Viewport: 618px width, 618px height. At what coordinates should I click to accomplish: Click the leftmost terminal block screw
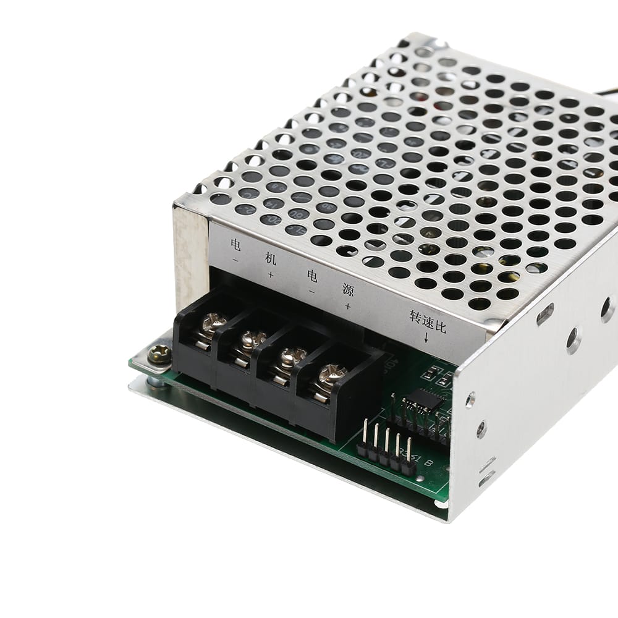click(211, 323)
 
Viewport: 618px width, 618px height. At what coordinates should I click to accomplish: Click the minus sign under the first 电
click(235, 260)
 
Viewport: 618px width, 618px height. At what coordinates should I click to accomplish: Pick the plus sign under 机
click(270, 274)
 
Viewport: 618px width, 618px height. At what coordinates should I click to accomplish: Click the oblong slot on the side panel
click(544, 314)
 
